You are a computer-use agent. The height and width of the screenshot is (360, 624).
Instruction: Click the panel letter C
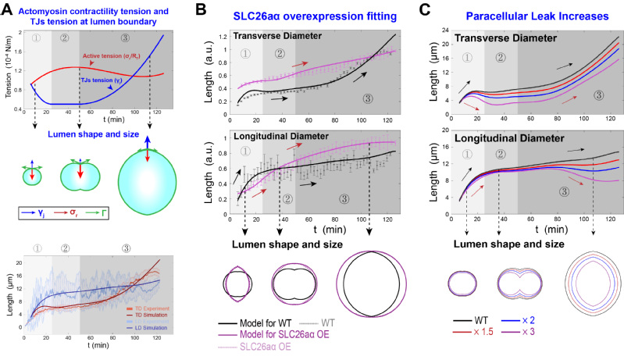pos(426,9)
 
